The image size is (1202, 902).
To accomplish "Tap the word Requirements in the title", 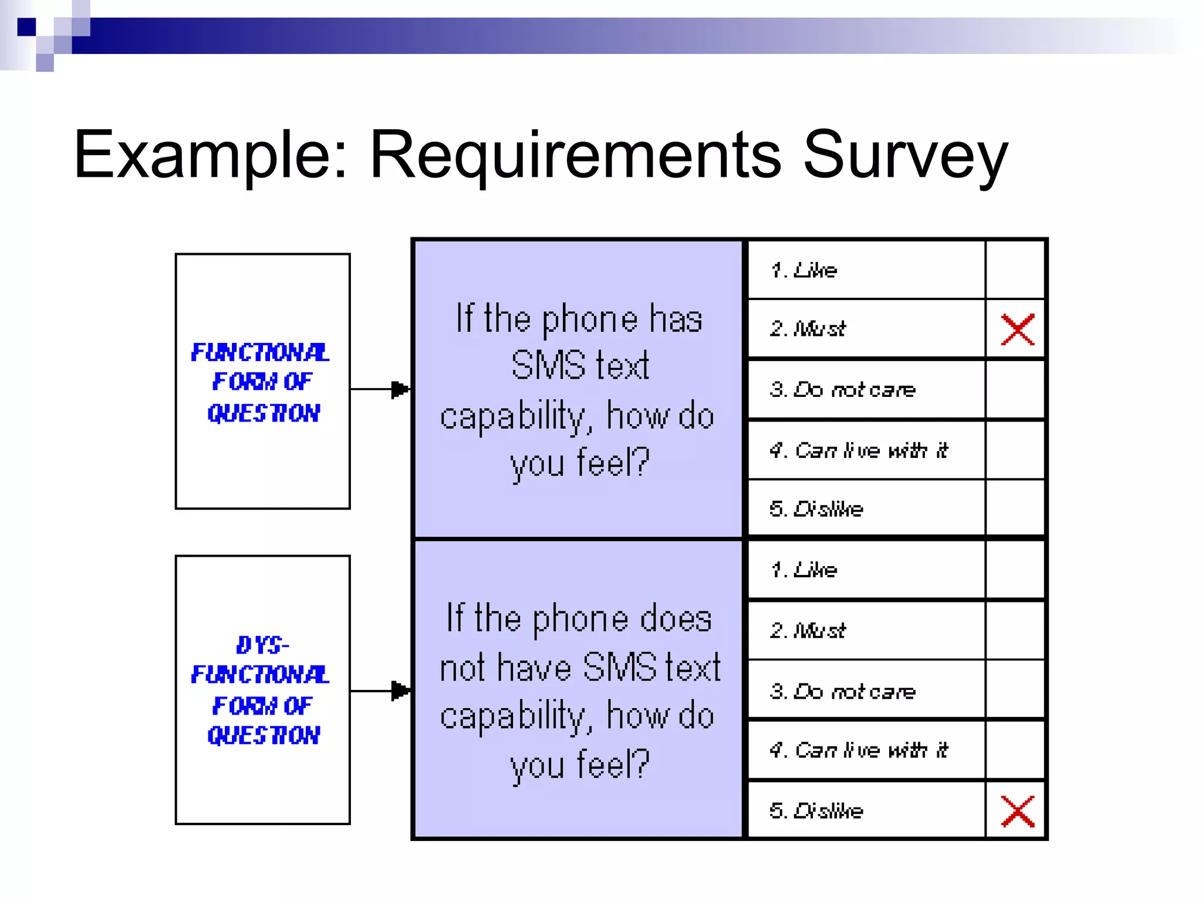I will coord(575,155).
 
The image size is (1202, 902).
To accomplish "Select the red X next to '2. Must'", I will coord(1017,329).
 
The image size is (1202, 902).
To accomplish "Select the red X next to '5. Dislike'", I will coord(1017,811).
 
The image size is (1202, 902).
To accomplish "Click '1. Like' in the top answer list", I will coord(803,270).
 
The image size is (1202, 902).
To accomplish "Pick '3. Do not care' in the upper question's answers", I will coord(842,390).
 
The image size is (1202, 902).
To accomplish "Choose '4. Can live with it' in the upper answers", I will coord(859,450).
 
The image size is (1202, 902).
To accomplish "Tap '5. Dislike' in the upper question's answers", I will coord(816,509).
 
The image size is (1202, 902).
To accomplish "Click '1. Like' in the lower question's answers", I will coord(803,570).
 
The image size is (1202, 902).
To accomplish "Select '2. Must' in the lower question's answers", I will coord(808,631).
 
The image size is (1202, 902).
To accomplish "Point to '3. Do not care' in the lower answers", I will coord(842,692).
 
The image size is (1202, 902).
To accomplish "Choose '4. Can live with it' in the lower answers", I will coord(859,750).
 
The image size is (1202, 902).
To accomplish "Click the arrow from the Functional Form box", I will coord(381,389).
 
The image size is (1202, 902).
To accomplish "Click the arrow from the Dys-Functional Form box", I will coord(381,691).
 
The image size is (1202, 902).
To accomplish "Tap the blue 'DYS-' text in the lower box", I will coord(262,645).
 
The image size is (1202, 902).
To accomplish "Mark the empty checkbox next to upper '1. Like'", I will coord(1015,270).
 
